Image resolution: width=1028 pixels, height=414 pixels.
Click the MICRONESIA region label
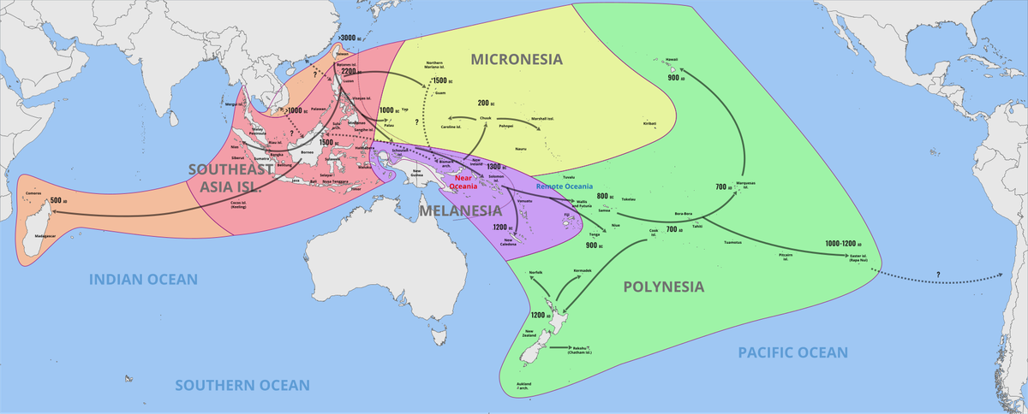(516, 59)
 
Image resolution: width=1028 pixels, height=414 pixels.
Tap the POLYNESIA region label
(663, 287)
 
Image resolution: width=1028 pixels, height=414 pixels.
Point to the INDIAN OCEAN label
(144, 279)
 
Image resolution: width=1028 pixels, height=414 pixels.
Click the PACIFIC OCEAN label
(792, 352)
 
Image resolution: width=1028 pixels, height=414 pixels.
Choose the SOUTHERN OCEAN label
(242, 386)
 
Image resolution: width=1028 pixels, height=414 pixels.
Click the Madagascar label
(45, 234)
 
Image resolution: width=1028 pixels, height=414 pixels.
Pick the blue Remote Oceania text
(563, 186)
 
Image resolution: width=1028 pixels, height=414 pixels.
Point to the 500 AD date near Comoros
(58, 200)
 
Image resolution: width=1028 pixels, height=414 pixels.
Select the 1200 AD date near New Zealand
(541, 316)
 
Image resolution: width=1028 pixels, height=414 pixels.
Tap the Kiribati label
(648, 123)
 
